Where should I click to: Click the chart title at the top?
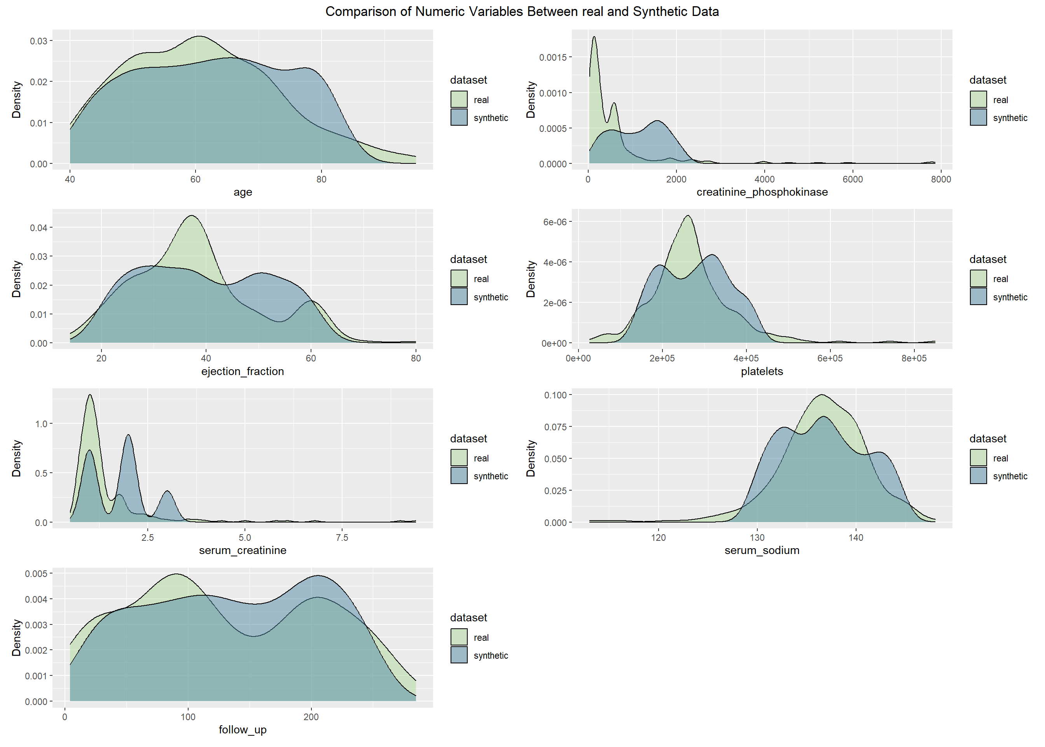point(522,12)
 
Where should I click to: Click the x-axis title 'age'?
point(243,192)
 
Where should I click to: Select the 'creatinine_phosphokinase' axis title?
point(762,192)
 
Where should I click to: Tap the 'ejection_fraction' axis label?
point(243,371)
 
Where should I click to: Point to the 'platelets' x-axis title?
point(762,371)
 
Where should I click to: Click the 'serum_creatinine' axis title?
point(243,550)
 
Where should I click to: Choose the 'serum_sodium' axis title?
point(762,550)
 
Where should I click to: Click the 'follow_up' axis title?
point(243,729)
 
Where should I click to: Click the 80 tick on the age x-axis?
point(321,179)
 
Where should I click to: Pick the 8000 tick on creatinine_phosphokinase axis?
point(941,179)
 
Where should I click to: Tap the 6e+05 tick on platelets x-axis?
point(830,358)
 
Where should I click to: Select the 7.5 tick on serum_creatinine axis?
point(342,538)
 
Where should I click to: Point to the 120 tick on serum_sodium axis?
point(659,538)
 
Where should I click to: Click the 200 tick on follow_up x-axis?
point(311,717)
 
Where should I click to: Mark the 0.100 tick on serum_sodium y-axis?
point(555,395)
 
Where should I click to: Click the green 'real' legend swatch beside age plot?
point(459,99)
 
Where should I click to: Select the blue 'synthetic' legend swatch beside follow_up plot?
point(459,655)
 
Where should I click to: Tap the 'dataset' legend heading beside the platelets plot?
point(987,260)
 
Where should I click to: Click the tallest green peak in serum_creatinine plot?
point(90,395)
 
